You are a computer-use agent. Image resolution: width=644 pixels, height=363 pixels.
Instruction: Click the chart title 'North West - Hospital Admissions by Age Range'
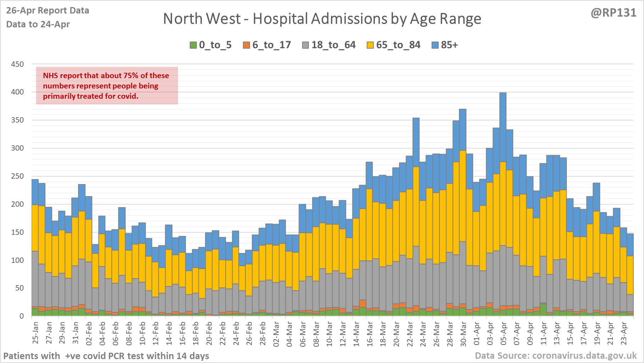pos(322,19)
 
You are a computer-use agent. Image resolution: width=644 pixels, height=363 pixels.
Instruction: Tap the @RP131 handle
pos(613,13)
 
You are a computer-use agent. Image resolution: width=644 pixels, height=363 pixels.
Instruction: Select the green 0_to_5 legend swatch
pos(193,45)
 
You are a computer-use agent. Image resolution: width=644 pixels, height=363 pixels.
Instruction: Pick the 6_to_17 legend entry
pos(267,45)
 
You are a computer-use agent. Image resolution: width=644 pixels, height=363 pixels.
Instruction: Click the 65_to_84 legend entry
pos(393,45)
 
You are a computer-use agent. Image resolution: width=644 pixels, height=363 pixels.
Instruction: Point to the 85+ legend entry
pos(445,45)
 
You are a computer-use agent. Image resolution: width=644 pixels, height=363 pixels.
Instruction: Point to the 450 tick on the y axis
pos(17,64)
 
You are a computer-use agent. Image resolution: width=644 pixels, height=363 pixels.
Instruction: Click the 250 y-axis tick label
pos(17,176)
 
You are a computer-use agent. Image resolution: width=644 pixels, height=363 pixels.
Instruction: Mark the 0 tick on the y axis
pos(22,316)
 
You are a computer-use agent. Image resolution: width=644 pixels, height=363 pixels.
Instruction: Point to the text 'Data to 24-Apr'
pos(38,25)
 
